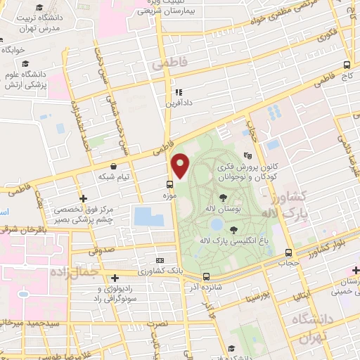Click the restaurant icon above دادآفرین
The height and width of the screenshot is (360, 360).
click(179, 92)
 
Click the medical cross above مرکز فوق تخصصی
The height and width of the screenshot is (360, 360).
click(84, 199)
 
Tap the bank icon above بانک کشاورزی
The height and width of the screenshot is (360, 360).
click(160, 259)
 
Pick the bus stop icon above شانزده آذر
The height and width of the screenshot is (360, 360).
click(206, 276)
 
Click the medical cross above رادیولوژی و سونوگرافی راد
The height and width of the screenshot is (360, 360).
click(115, 278)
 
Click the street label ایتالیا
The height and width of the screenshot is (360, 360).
click(304, 296)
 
